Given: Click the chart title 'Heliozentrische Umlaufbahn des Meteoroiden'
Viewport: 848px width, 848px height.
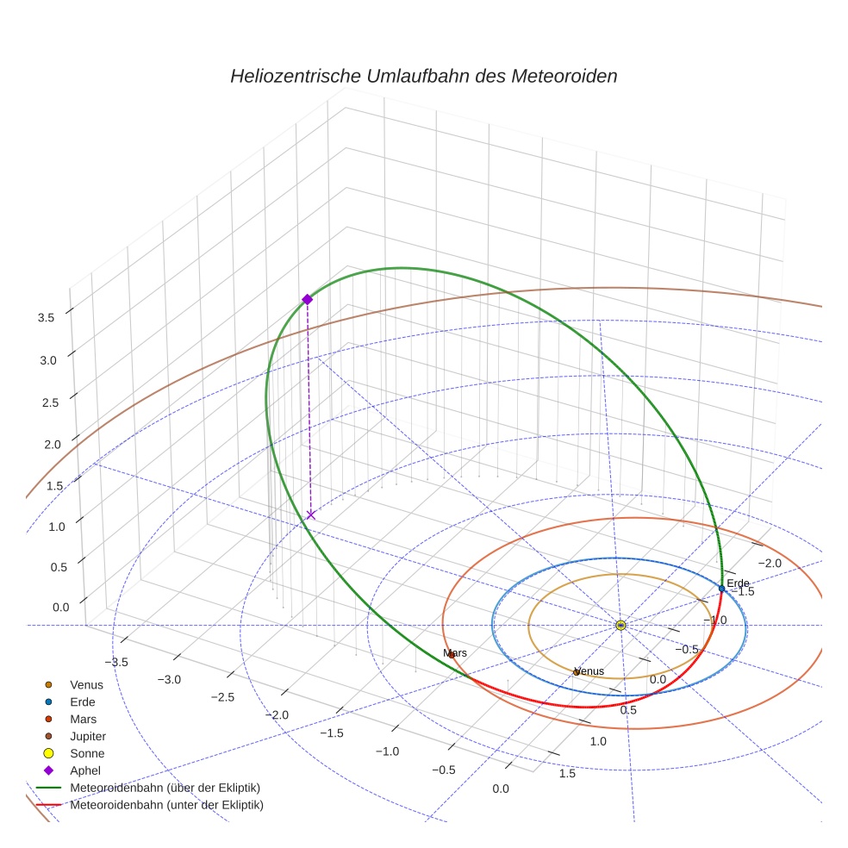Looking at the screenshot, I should pyautogui.click(x=423, y=76).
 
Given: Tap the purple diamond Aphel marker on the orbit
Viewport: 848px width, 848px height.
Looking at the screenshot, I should pyautogui.click(x=307, y=299).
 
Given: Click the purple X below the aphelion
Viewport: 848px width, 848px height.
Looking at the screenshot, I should pyautogui.click(x=310, y=514).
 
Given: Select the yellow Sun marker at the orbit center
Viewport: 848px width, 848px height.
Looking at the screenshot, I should pyautogui.click(x=620, y=625).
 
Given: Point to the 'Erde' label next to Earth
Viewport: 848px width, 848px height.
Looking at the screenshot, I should pyautogui.click(x=739, y=583).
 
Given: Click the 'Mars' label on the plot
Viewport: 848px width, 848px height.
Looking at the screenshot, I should pyautogui.click(x=455, y=653).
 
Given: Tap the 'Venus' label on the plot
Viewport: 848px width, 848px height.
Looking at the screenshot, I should pyautogui.click(x=589, y=671).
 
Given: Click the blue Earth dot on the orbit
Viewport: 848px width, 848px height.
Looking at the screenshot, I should pyautogui.click(x=722, y=589).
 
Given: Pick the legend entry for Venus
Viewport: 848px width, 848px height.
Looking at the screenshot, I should pyautogui.click(x=86, y=685).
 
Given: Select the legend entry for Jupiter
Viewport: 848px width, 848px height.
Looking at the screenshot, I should pyautogui.click(x=88, y=737).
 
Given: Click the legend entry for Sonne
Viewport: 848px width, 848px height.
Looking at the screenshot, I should pyautogui.click(x=87, y=754).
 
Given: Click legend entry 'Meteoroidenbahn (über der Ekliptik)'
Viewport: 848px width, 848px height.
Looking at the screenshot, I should pyautogui.click(x=165, y=788).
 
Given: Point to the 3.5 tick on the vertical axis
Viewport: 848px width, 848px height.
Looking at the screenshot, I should pyautogui.click(x=46, y=318).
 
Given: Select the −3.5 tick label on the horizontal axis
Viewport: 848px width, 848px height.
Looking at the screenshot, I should pyautogui.click(x=116, y=662).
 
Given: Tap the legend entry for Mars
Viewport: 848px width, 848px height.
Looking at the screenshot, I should pyautogui.click(x=84, y=720).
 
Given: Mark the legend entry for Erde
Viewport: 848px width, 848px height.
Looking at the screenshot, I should pyautogui.click(x=83, y=702).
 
